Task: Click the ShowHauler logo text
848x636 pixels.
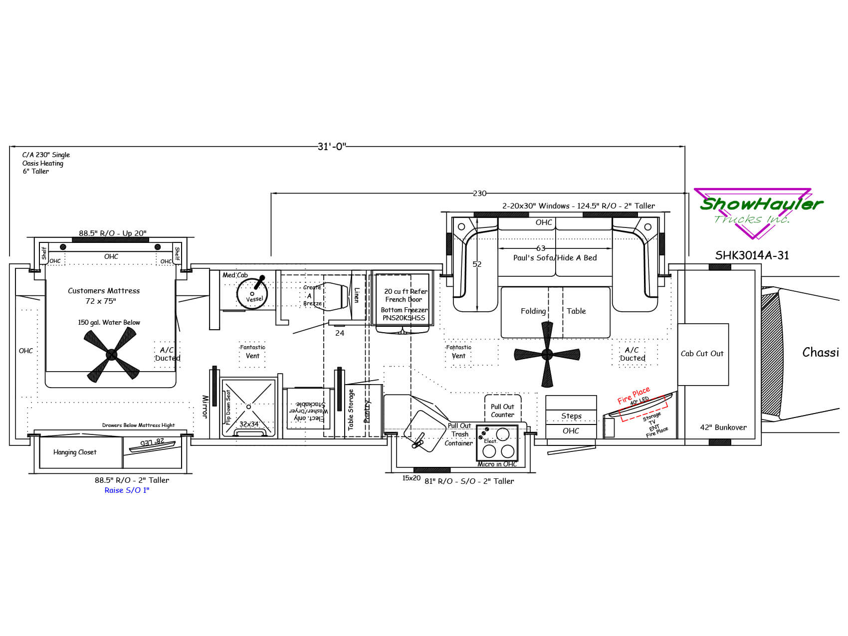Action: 760,204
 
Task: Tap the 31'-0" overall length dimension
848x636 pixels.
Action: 332,146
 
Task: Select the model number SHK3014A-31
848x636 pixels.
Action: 752,255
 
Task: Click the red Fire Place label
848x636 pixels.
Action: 634,395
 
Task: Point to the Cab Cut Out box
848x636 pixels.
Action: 702,354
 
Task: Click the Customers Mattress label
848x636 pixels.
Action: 104,291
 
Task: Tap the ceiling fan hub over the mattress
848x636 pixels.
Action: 111,354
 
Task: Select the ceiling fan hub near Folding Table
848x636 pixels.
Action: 547,354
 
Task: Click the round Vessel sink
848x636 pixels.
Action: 252,294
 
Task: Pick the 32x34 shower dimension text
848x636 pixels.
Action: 249,424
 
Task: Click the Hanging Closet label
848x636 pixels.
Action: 75,452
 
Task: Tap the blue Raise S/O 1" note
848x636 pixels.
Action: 127,490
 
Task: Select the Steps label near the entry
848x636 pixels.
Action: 571,416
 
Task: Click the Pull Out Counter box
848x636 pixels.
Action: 502,411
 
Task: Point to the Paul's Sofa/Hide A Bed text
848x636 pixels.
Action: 555,258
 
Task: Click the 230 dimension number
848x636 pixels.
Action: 479,193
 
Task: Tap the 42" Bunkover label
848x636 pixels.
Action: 723,427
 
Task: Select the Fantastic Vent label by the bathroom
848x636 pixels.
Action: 252,352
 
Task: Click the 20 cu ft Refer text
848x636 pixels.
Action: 406,291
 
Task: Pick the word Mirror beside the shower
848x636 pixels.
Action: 205,407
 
